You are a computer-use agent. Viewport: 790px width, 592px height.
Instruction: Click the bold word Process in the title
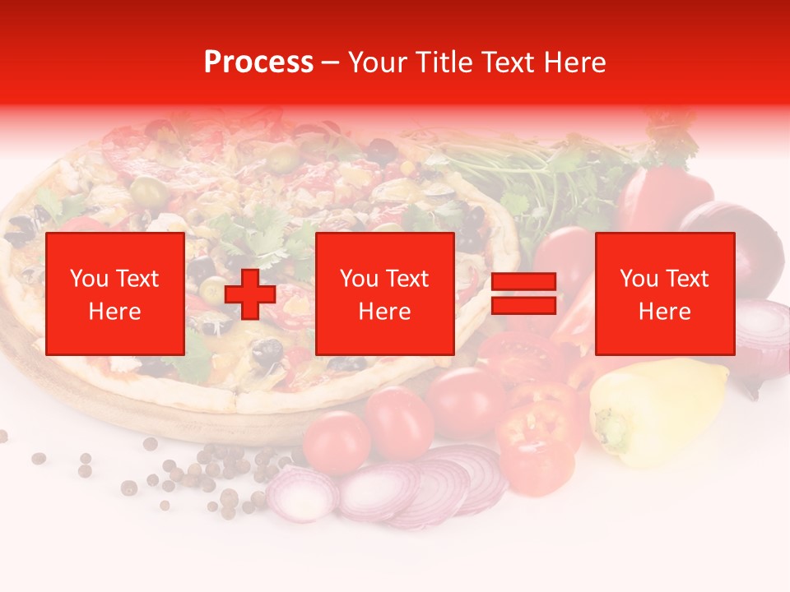258,62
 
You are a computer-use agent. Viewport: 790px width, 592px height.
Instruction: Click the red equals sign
523,294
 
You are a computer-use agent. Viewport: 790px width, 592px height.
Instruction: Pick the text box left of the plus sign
114,294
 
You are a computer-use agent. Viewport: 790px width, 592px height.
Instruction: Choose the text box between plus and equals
384,294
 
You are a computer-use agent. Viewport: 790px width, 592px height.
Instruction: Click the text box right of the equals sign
664,294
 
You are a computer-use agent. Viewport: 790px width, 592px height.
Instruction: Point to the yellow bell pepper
658,407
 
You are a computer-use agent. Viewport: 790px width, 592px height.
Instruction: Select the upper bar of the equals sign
523,283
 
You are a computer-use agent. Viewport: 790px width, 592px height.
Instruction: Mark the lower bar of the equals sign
523,306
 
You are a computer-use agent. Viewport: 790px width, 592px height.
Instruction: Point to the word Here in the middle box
384,312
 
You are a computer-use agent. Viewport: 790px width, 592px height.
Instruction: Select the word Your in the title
378,62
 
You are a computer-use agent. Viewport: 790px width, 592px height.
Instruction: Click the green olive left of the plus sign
213,288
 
